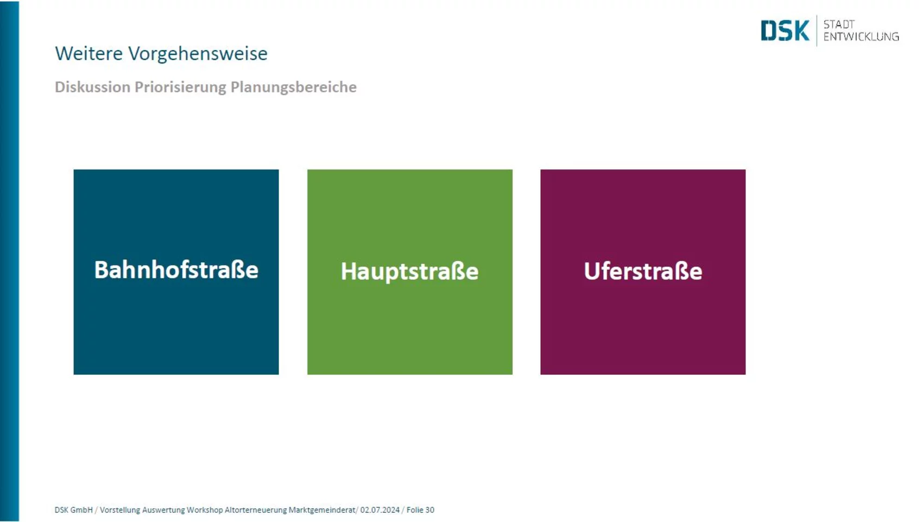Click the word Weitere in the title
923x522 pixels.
(x=88, y=54)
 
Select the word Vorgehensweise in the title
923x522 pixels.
(x=198, y=54)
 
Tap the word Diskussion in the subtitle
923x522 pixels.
(x=93, y=87)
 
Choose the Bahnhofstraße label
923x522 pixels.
(x=176, y=270)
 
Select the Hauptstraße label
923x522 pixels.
(x=409, y=272)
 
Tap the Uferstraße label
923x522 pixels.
(x=643, y=271)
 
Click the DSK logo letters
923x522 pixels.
(x=785, y=30)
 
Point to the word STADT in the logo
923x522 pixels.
(x=839, y=24)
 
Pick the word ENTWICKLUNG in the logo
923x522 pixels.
(x=861, y=37)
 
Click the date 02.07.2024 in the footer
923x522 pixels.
(x=380, y=510)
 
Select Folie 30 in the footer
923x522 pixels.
(x=420, y=510)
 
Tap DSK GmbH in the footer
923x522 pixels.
(x=74, y=510)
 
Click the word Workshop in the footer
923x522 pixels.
(x=205, y=511)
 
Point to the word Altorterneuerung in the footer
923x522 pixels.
(x=256, y=511)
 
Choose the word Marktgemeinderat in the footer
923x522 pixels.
(x=322, y=511)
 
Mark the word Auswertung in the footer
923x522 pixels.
(x=163, y=511)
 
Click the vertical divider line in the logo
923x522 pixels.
(x=817, y=30)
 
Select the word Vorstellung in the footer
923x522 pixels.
(x=120, y=511)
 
